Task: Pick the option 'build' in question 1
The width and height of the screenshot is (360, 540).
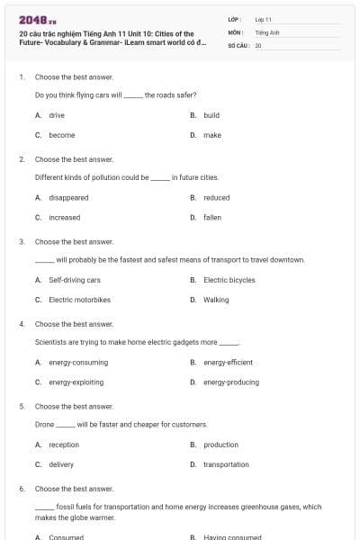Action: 211,115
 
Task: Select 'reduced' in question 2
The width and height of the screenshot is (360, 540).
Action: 216,197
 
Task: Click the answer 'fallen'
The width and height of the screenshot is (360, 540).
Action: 212,217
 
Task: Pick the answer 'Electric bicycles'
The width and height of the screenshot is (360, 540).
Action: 229,280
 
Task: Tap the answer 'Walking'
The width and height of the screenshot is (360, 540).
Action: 216,300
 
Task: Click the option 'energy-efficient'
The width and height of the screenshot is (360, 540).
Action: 228,362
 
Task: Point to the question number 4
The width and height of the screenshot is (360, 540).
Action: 21,323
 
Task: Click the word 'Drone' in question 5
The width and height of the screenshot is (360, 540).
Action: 44,424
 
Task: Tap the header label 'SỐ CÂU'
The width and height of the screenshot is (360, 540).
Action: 237,44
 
